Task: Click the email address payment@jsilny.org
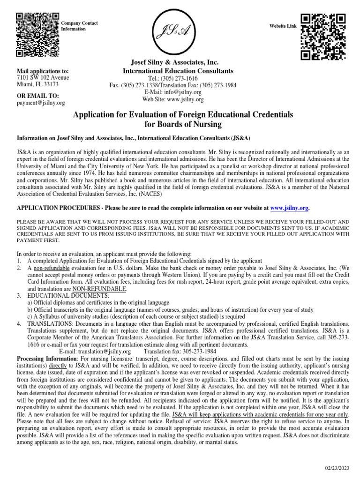[40, 103]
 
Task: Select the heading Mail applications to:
[43, 70]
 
